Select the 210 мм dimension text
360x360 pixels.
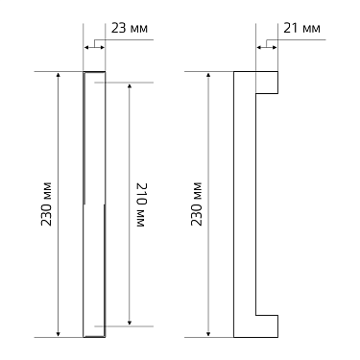140,204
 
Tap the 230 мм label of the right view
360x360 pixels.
198,204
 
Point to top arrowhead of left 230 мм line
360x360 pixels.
60,76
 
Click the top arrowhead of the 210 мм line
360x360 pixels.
130,86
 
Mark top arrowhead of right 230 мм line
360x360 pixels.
208,76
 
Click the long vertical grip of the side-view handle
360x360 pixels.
244,204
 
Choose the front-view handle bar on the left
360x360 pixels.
95,204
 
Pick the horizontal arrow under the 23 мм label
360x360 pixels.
95,45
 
